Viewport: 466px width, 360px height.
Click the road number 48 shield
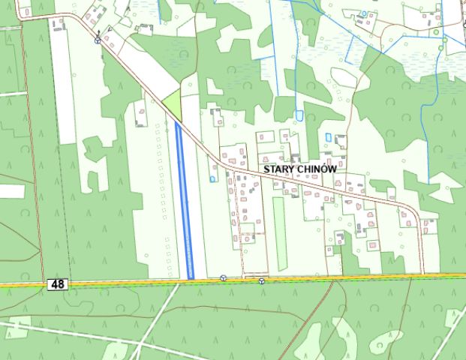pyautogui.click(x=56, y=284)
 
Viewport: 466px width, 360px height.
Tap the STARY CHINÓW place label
pyautogui.click(x=299, y=170)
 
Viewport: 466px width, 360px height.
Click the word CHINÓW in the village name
pyautogui.click(x=316, y=170)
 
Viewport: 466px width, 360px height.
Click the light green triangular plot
pyautogui.click(x=174, y=104)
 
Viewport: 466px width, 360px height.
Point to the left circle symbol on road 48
pyautogui.click(x=223, y=279)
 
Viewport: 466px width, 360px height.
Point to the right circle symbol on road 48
pyautogui.click(x=261, y=281)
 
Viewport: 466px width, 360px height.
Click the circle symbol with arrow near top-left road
pyautogui.click(x=98, y=40)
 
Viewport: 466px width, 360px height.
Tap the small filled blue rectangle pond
pyautogui.click(x=329, y=136)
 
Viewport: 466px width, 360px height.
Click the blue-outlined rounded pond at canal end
pyautogui.click(x=299, y=115)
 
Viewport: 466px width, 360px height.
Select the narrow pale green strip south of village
pyautogui.click(x=280, y=233)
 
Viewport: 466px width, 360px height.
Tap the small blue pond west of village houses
pyautogui.click(x=213, y=178)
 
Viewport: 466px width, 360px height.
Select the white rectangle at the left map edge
pyautogui.click(x=11, y=190)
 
